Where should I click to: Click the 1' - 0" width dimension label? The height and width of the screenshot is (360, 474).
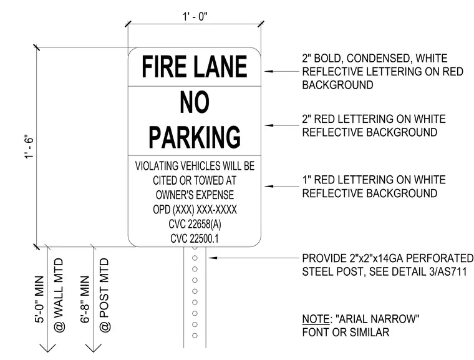[x=195, y=16]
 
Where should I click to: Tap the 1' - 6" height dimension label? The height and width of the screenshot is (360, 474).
[x=30, y=147]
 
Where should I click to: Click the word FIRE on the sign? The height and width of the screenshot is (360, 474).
[x=164, y=67]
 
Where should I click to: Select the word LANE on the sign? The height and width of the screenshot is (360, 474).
[x=220, y=67]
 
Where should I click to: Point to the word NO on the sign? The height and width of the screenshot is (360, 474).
[x=195, y=102]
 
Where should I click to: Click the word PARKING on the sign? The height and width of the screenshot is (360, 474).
[x=195, y=137]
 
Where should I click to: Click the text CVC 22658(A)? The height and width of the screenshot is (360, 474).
[x=195, y=224]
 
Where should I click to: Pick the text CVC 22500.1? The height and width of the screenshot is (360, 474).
[x=195, y=238]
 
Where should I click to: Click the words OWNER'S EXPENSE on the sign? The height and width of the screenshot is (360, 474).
[x=195, y=195]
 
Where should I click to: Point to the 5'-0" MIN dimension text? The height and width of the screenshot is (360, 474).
[x=39, y=299]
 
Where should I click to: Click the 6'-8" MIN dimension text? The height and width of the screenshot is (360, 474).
[x=85, y=299]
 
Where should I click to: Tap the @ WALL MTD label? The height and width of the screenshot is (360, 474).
[x=59, y=294]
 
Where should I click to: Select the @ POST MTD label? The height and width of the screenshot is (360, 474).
[x=104, y=294]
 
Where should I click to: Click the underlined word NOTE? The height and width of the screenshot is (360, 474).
[x=316, y=319]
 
